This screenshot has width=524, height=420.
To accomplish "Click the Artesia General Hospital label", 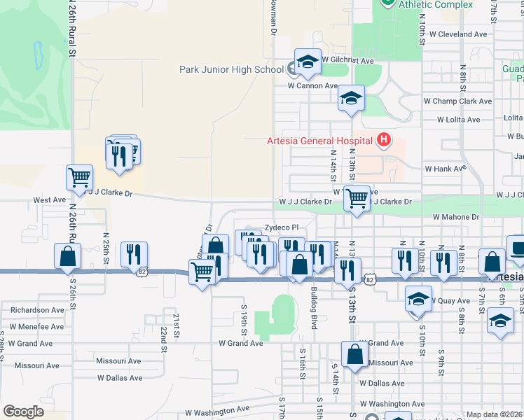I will coord(319,140).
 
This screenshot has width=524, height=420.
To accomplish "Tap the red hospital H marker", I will coord(383,141).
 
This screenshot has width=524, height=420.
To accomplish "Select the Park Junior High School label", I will coord(231,69).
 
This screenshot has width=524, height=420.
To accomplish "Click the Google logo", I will coord(23,412).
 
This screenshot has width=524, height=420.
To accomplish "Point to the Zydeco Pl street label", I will coord(281,227).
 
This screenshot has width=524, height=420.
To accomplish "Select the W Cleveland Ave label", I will coord(458,34).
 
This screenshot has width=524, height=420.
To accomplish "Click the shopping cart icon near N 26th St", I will coord(80,178).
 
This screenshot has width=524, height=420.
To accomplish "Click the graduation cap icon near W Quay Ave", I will coord(418,299).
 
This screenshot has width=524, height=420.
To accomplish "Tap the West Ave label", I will coord(49,199).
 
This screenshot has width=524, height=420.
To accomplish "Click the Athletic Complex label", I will coord(436,4).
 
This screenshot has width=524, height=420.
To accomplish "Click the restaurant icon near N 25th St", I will coord(134,255).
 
